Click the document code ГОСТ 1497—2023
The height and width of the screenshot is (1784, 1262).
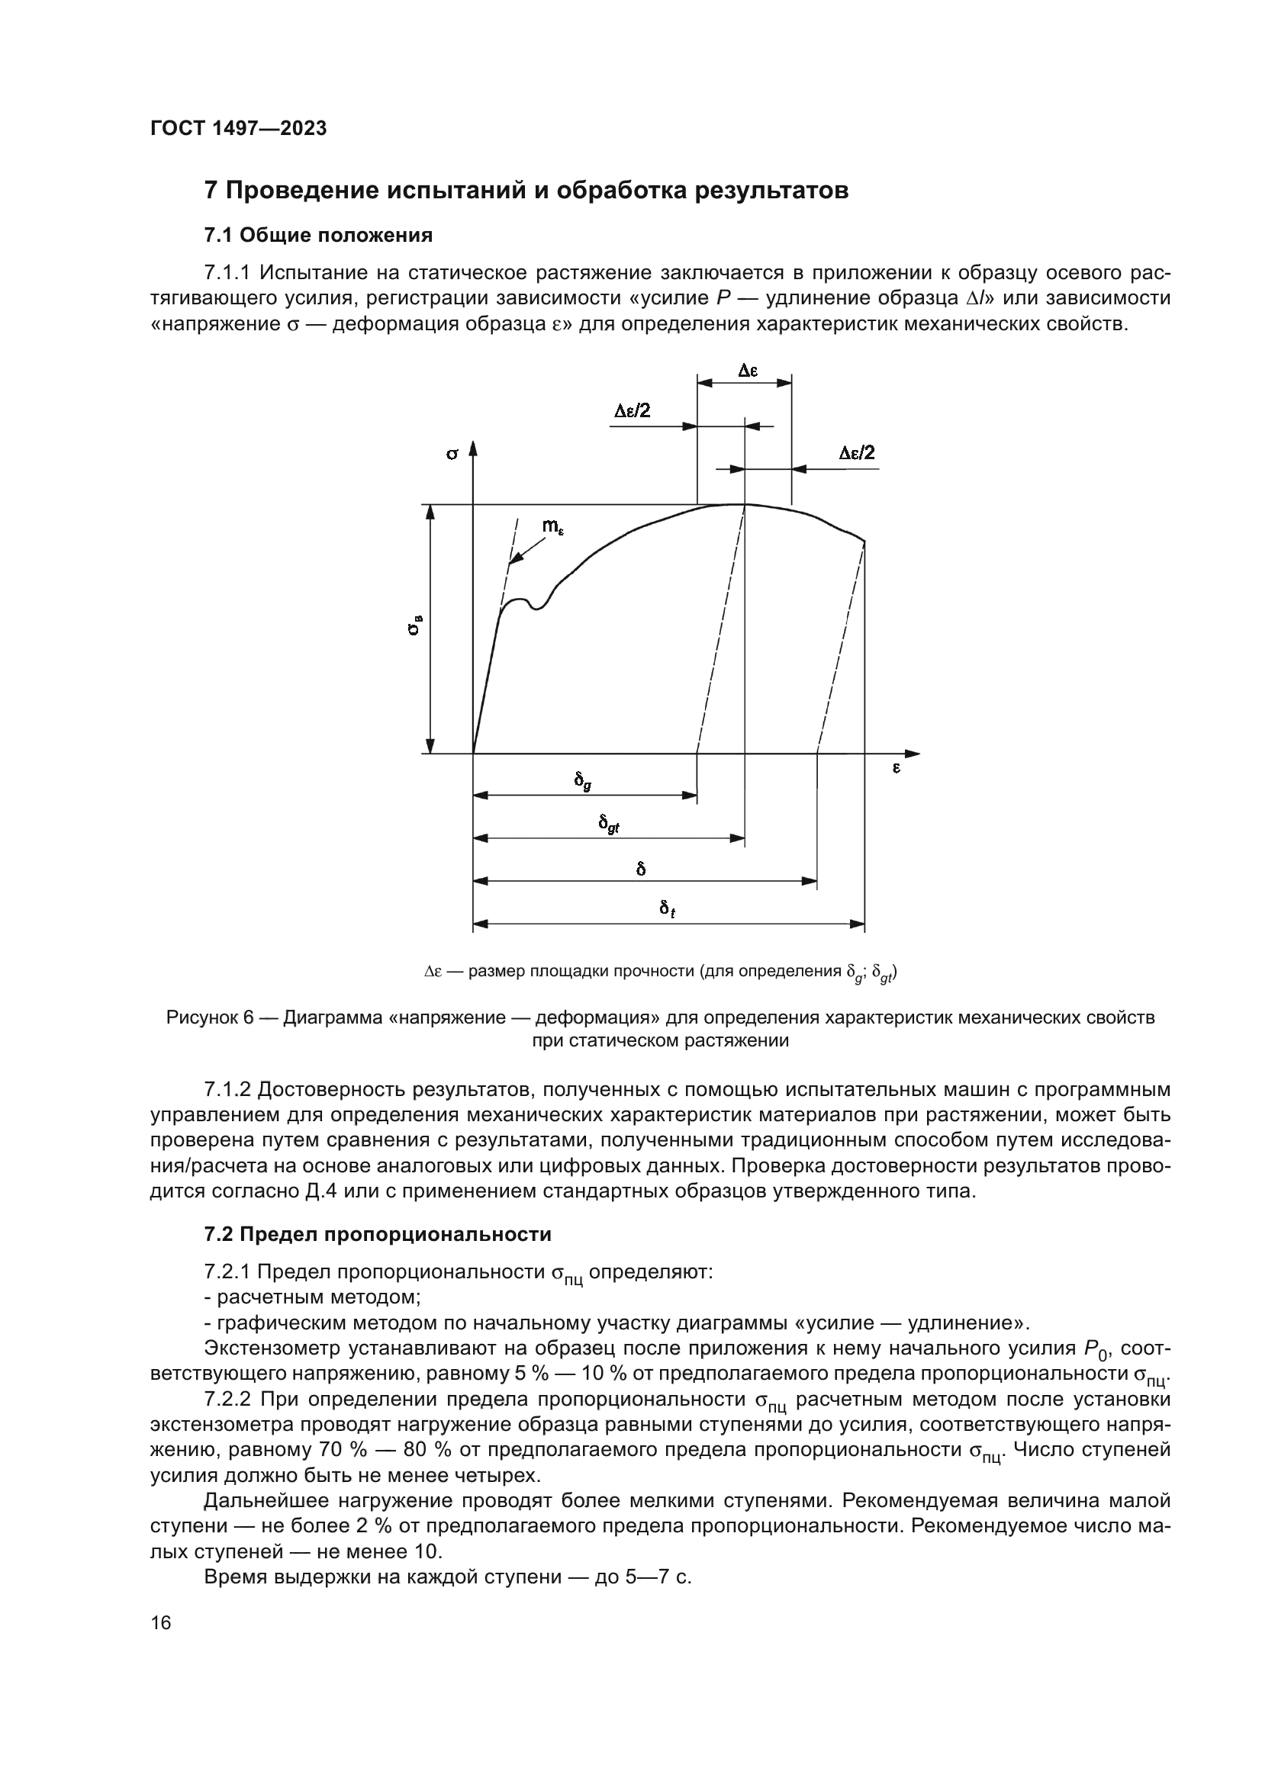[x=239, y=129]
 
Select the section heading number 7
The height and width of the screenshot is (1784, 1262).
[x=210, y=191]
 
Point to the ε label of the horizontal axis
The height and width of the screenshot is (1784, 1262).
[x=896, y=769]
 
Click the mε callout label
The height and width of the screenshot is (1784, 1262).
[x=552, y=526]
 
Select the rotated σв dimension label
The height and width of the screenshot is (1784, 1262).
[x=416, y=625]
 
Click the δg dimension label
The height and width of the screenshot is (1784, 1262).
[x=582, y=781]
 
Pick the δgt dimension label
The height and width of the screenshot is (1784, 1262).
[x=608, y=824]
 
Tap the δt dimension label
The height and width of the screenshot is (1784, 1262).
[x=667, y=908]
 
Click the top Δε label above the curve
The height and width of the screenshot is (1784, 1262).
[x=747, y=371]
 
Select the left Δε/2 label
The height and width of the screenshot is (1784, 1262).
[x=632, y=411]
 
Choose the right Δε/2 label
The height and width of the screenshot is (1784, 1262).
[x=856, y=453]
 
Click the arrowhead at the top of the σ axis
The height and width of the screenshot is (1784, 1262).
[x=472, y=448]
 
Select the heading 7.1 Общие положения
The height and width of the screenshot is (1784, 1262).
[x=318, y=235]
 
